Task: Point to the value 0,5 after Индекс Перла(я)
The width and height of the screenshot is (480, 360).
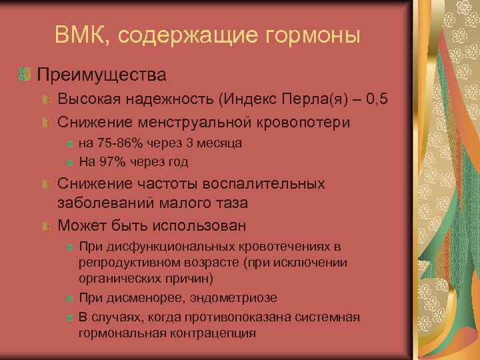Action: [375, 100]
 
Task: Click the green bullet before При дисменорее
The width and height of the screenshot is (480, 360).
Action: [70, 298]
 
